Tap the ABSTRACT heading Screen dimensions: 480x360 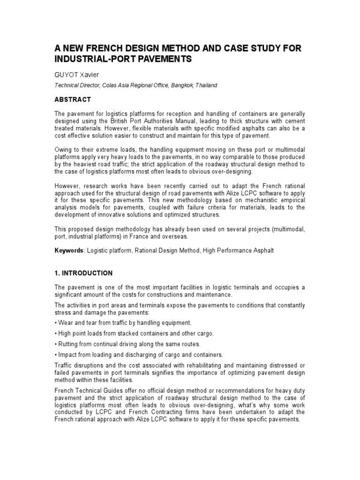click(73, 100)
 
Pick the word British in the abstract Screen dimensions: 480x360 click(114, 121)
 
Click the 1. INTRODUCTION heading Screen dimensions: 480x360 click(83, 273)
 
